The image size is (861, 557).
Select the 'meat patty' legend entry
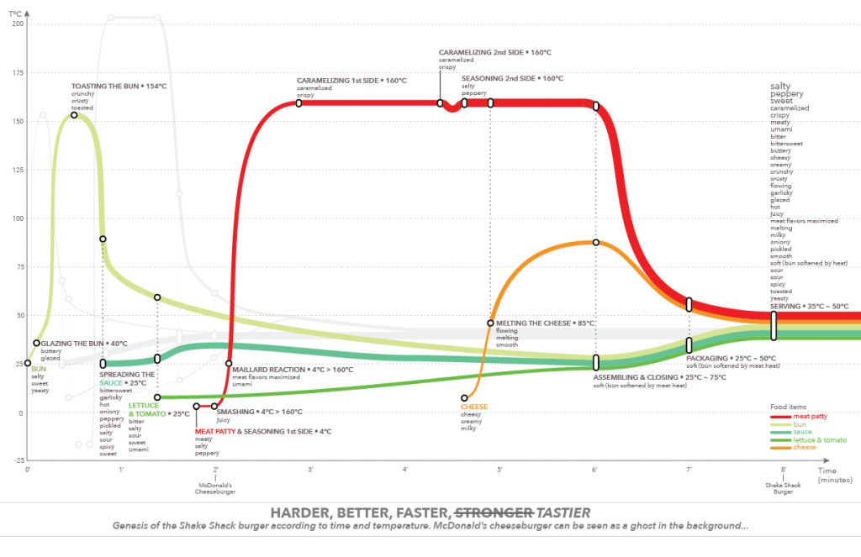[813, 415]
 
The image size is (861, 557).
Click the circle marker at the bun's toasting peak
[74, 115]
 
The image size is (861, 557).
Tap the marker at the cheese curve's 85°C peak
[595, 243]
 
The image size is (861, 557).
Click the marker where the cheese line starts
[464, 397]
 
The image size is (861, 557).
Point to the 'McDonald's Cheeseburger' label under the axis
[216, 488]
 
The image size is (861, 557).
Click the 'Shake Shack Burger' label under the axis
[783, 488]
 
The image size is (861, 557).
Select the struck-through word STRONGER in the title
[494, 512]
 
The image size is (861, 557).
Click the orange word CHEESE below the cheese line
[473, 407]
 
